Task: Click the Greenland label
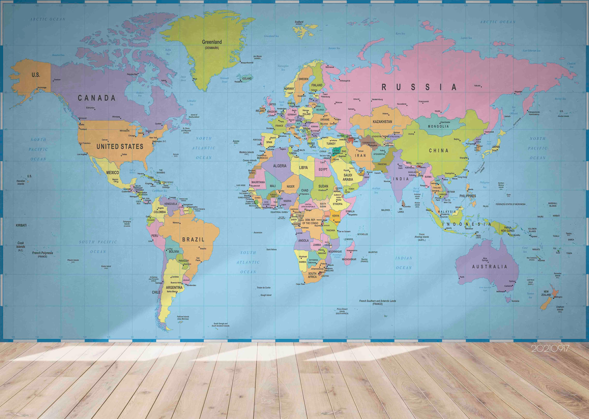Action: coord(212,42)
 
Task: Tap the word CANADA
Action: coord(97,98)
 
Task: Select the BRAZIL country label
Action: coord(193,239)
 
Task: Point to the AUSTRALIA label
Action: coord(489,267)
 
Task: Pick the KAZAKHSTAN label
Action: coord(382,122)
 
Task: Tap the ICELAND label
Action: coord(247,78)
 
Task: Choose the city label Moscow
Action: coord(339,102)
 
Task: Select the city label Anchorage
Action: coord(42,87)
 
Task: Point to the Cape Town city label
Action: coord(300,284)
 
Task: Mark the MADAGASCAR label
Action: coord(349,259)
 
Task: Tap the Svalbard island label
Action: coord(299,22)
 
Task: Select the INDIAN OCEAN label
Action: coord(404,263)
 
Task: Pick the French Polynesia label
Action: coord(43,253)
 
